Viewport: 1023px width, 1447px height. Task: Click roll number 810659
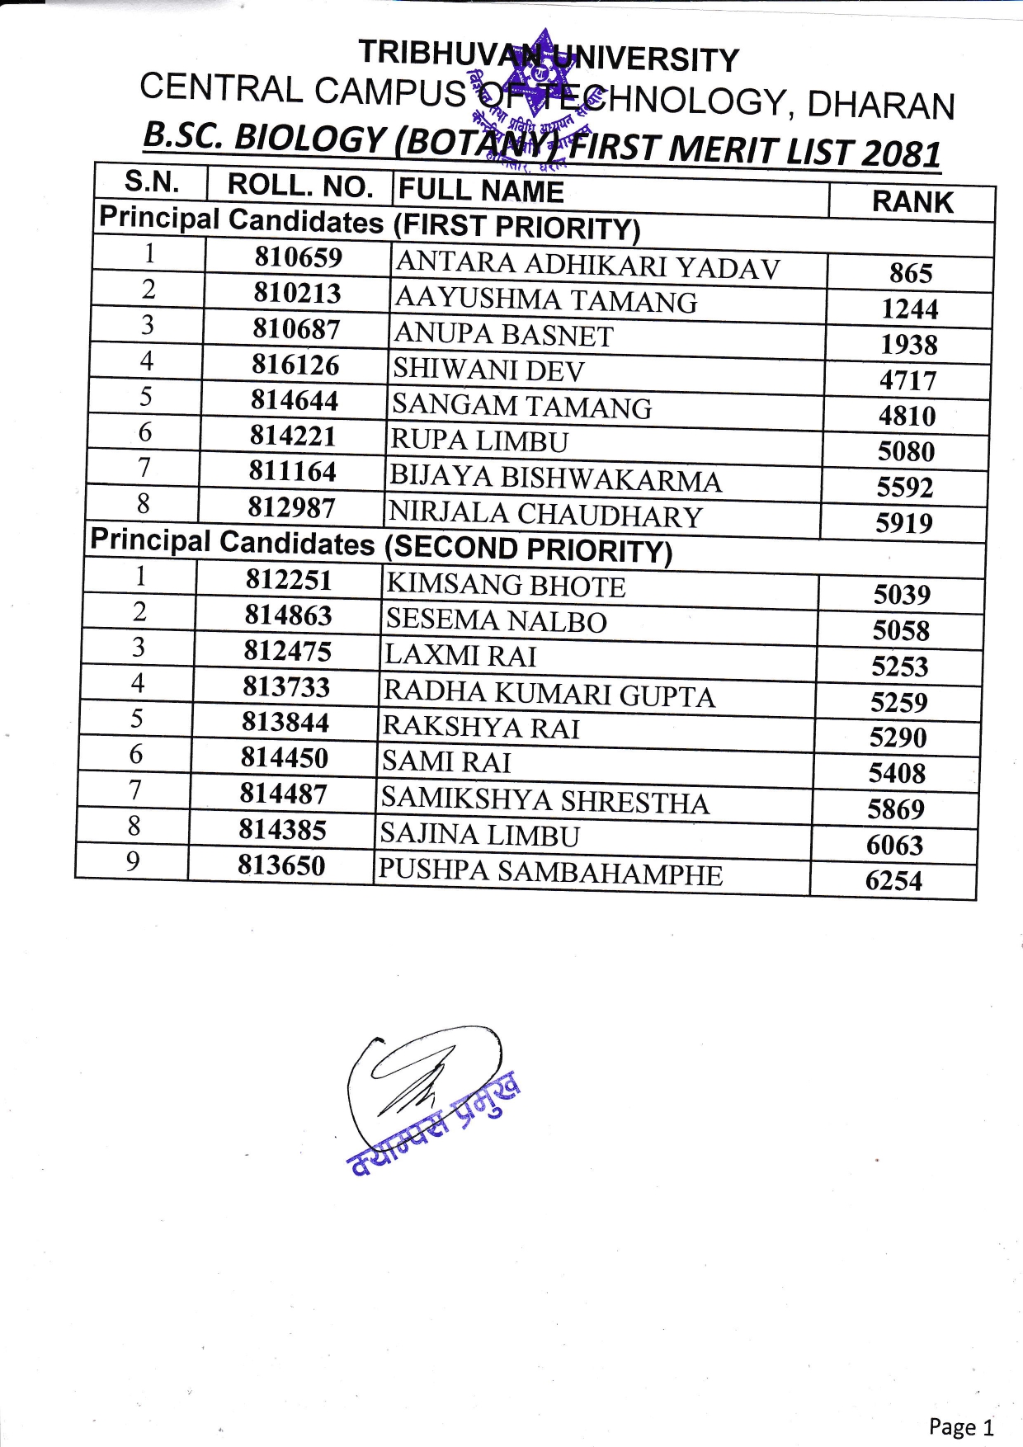298,257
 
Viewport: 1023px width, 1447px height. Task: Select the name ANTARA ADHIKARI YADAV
587,266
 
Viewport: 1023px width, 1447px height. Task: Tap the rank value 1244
909,309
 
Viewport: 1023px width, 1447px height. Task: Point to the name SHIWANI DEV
488,370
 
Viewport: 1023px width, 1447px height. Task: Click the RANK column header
912,202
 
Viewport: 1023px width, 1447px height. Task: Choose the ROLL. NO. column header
300,186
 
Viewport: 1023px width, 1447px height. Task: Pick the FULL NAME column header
481,191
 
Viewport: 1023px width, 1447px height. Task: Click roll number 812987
292,507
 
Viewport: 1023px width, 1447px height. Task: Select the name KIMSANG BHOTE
506,586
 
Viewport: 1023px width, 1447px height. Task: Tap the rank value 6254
893,881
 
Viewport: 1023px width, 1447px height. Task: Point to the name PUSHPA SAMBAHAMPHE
549,873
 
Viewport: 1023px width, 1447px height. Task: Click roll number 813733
286,686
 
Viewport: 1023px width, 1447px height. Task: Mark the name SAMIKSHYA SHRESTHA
544,801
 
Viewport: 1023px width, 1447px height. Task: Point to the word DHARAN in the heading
880,105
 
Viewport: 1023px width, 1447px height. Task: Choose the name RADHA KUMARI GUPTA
549,695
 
